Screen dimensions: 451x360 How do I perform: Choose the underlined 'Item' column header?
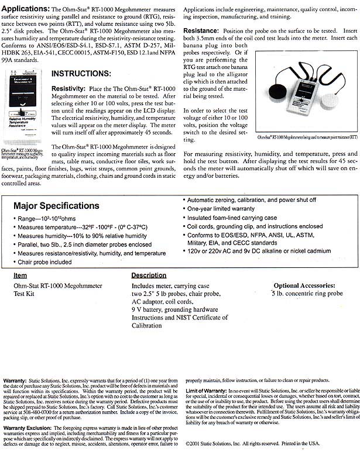pos(20,275)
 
